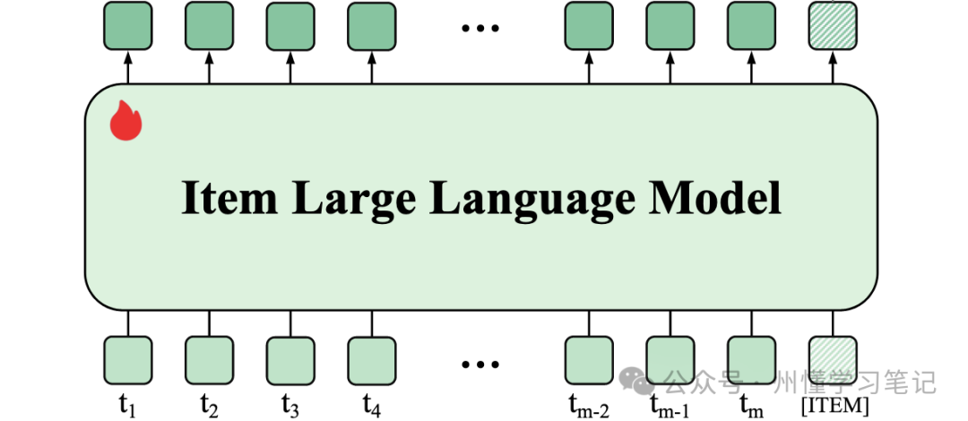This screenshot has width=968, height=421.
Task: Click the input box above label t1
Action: coord(127,360)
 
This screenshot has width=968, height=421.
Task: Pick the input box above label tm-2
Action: coord(589,360)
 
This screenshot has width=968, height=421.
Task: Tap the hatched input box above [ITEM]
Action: coord(833,360)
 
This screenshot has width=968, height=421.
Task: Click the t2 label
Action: coord(209,406)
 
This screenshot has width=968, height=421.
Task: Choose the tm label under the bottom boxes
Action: coord(751,406)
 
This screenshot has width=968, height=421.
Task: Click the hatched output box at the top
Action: coord(833,25)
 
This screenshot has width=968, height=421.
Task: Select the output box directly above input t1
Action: coord(127,25)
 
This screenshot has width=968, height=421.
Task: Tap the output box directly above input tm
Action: coord(751,25)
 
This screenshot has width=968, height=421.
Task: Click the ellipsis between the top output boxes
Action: coord(480,29)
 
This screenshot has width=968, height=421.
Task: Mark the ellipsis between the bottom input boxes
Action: coord(480,364)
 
